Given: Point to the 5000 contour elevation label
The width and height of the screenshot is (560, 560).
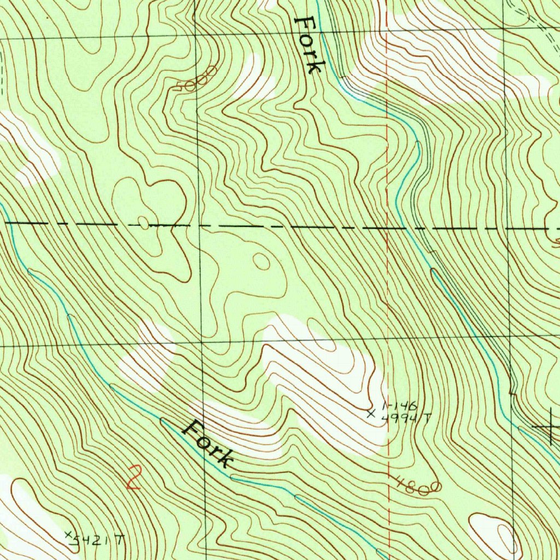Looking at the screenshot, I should [x=197, y=80].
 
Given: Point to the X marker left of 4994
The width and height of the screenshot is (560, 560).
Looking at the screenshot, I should [x=371, y=414].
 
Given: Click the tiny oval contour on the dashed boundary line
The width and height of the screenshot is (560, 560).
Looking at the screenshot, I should [x=143, y=223].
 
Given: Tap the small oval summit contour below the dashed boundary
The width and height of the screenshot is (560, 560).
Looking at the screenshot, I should [x=262, y=261].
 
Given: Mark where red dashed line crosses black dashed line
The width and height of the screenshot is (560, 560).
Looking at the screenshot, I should [x=387, y=226].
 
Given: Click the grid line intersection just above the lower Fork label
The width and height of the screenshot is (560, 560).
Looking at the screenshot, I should [x=201, y=342].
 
